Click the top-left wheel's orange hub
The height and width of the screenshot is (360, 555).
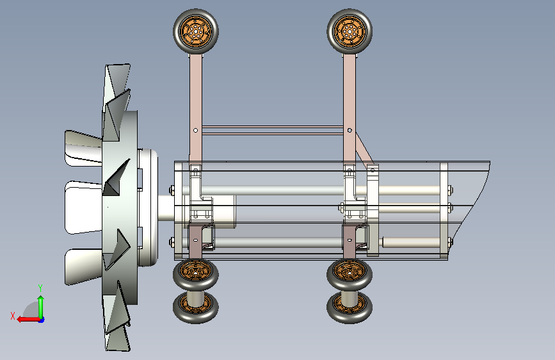[196, 31]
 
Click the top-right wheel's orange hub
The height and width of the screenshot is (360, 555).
[350, 31]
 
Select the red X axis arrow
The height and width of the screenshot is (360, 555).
[28, 319]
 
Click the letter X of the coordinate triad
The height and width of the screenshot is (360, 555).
[13, 316]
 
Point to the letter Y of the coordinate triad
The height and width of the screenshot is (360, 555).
[40, 288]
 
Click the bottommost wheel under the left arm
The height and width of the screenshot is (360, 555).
[195, 307]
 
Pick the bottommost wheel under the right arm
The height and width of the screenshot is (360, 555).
[350, 307]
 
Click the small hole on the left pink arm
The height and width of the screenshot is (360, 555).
[196, 131]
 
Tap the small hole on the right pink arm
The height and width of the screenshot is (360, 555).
[350, 131]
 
